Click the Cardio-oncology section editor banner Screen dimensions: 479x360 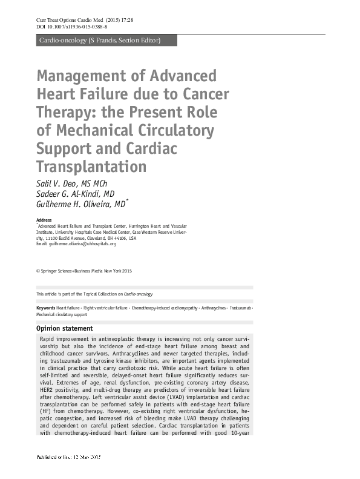(99, 41)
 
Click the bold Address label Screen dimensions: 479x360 (44, 220)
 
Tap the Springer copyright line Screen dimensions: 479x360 (84, 270)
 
